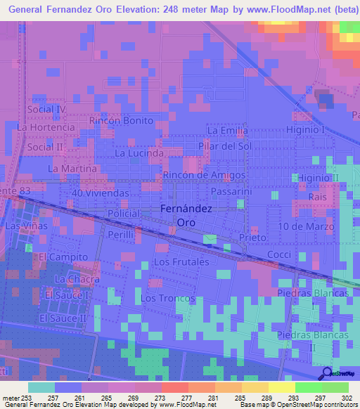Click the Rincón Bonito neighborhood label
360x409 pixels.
pos(121,120)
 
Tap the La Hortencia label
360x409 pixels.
pos(46,128)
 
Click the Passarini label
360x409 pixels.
pos(231,191)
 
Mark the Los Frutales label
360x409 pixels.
pos(181,261)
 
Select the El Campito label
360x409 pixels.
pos(64,257)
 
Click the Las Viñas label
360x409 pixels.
pos(26,226)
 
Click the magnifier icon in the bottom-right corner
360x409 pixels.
pos(326,373)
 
